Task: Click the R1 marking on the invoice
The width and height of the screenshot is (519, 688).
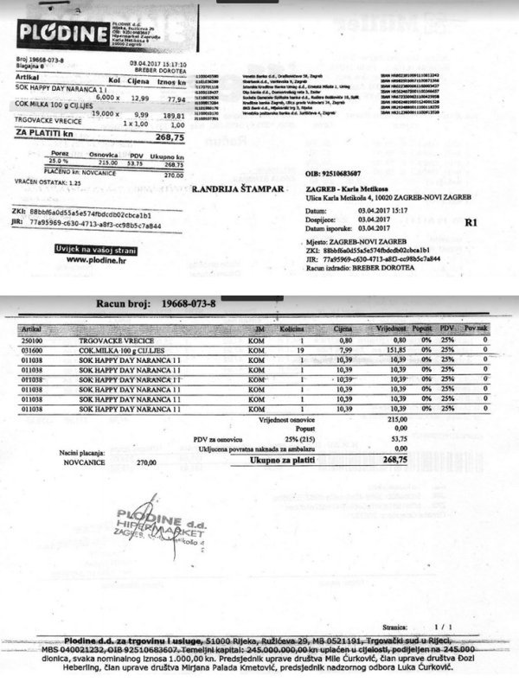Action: tap(471, 222)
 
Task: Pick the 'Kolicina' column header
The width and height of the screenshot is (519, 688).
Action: tap(291, 329)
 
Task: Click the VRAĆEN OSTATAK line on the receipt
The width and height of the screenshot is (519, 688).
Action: tap(48, 183)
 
